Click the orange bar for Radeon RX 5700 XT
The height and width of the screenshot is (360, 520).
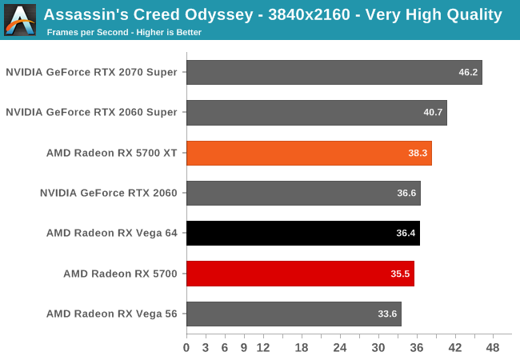(309, 153)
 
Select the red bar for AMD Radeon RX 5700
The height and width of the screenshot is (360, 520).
(300, 274)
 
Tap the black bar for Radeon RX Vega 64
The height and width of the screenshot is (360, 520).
(302, 233)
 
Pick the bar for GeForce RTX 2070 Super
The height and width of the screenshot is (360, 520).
(334, 72)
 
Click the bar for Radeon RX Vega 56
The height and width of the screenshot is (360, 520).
(294, 314)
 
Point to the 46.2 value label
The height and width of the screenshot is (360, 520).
(468, 72)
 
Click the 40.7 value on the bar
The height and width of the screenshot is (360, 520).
(433, 113)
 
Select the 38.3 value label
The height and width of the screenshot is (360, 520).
(418, 153)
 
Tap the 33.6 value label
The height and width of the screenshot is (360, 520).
(387, 314)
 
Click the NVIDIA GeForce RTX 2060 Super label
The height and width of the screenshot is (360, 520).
(91, 112)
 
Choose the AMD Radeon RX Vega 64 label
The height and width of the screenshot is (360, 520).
(111, 233)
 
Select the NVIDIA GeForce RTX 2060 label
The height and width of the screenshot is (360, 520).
(108, 193)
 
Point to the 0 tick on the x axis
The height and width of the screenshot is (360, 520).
(186, 348)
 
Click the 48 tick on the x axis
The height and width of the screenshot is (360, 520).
(493, 348)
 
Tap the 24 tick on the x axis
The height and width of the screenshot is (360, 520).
(339, 348)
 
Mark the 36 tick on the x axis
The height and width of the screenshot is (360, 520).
(416, 348)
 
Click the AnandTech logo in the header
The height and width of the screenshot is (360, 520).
(20, 20)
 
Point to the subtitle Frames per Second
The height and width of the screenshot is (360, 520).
(84, 33)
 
